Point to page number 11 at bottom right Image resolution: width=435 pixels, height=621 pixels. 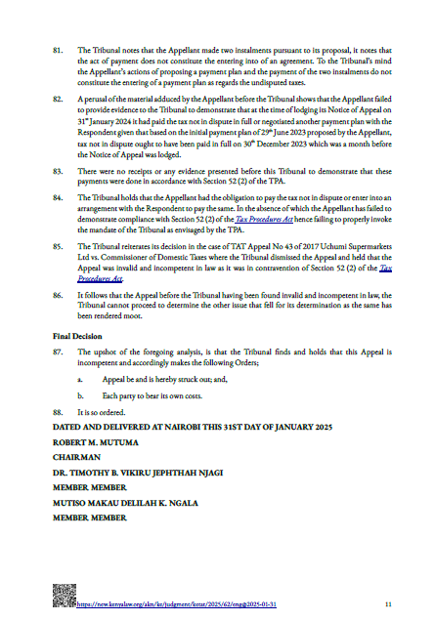click(388, 603)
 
